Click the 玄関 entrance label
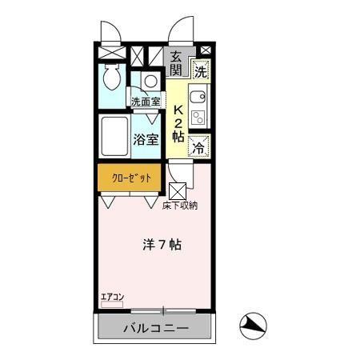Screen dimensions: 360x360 (176, 62)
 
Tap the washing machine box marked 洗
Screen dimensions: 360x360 (201, 70)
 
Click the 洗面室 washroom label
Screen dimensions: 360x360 (146, 102)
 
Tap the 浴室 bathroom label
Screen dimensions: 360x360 (146, 138)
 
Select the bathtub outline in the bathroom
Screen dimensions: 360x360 (114, 138)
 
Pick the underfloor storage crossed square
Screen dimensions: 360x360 (178, 192)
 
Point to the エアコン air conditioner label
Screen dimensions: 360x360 (112, 298)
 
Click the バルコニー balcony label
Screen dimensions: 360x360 (155, 329)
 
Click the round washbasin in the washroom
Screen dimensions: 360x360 (150, 81)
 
